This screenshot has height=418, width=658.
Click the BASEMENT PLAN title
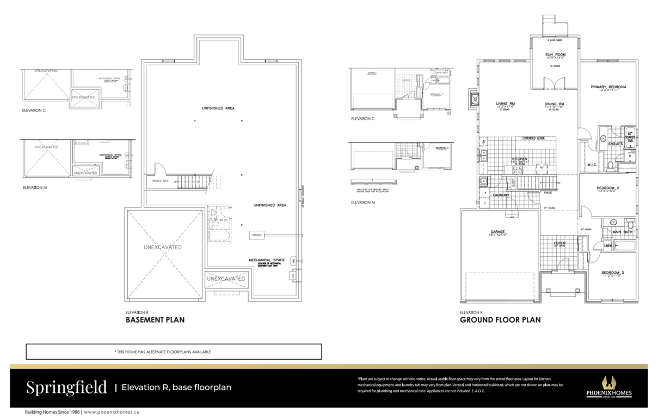click(155, 320)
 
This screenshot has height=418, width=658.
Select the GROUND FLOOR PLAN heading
click(500, 320)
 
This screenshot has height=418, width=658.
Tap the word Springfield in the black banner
click(66, 388)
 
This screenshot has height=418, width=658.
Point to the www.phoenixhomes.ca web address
click(111, 412)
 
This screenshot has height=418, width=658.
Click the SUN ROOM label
click(556, 55)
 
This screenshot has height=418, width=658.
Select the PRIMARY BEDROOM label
click(608, 87)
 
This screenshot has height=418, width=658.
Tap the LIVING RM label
click(505, 103)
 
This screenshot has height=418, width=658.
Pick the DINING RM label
click(554, 103)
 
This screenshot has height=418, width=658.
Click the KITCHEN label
click(520, 159)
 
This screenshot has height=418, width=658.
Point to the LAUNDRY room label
click(501, 195)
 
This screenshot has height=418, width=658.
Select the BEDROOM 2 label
click(608, 188)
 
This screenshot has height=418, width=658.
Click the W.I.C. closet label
click(593, 165)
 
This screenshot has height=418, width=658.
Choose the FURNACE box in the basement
click(257, 235)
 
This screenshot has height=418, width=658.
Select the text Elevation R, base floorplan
click(176, 388)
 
